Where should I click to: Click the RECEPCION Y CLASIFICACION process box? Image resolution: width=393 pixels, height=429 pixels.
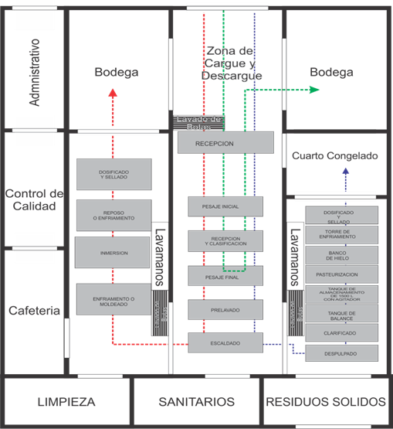pos(225,240)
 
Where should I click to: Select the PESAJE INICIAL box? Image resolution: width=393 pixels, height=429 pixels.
pos(225,206)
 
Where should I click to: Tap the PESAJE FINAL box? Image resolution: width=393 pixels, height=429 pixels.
pos(225,275)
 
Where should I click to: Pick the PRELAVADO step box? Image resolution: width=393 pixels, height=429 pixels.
pos(225,309)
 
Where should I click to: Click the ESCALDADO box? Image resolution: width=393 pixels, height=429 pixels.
pos(225,342)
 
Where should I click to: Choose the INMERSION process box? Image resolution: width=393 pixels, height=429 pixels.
pos(113,253)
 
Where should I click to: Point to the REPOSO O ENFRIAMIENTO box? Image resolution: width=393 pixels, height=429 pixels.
pos(113,216)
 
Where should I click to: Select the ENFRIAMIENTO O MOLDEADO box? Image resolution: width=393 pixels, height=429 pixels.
pos(113,299)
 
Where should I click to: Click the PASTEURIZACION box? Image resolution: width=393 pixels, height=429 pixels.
pos(342,274)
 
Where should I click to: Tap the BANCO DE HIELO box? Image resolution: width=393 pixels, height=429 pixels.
pos(342,255)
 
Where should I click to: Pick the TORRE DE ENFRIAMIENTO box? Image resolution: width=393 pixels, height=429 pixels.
pos(342,235)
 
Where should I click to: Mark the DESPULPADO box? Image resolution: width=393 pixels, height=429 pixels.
pos(342,353)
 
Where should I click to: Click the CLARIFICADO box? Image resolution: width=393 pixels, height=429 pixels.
pos(342,333)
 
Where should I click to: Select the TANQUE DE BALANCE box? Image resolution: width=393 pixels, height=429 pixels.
pos(342,313)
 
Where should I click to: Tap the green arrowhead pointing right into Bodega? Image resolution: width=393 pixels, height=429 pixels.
pos(315,90)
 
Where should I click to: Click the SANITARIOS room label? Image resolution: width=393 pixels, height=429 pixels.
pos(196,402)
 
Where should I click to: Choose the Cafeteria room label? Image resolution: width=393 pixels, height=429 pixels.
pos(35,311)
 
